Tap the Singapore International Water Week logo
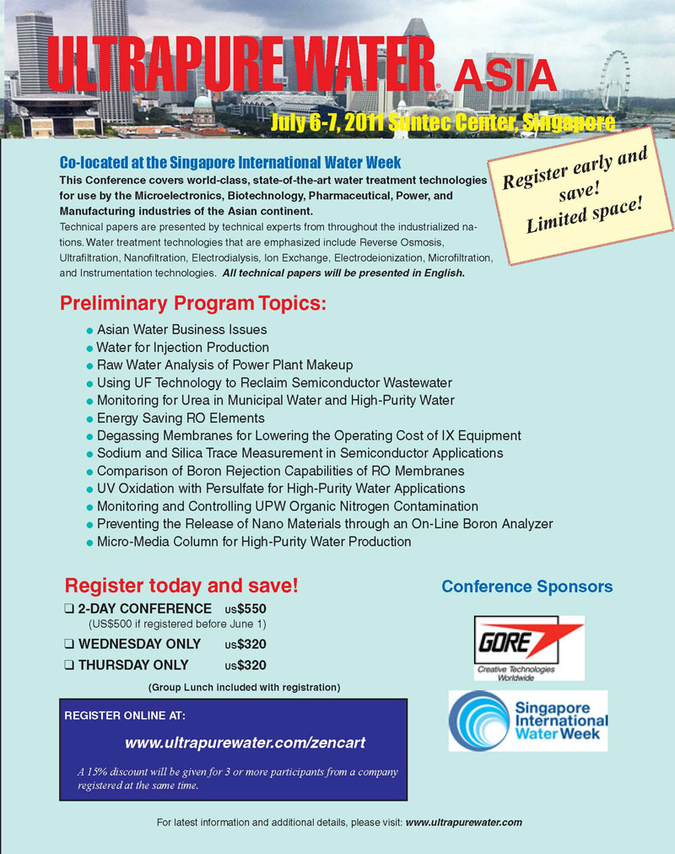click(528, 722)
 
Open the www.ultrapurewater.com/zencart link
click(245, 743)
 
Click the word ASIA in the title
click(505, 78)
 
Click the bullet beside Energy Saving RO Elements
click(89, 419)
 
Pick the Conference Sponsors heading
click(527, 586)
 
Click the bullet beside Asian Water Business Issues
click(89, 330)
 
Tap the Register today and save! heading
click(181, 585)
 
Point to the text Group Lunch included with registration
click(244, 687)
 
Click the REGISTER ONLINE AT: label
click(125, 716)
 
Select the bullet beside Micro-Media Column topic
click(89, 543)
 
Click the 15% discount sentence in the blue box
click(237, 778)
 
